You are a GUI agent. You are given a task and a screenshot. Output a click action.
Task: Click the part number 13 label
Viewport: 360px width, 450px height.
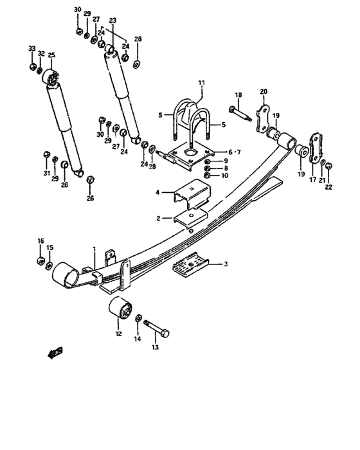tap(154, 348)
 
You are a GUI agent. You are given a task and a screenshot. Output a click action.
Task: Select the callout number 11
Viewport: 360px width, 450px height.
tap(201, 83)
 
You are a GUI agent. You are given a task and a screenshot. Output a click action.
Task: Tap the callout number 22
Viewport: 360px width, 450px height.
tap(328, 187)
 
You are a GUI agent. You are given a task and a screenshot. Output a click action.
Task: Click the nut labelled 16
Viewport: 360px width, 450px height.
tap(39, 261)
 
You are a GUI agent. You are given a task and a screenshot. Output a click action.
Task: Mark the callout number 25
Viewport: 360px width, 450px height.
tap(51, 55)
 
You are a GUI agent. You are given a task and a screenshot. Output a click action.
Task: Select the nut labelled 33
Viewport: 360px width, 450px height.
tap(32, 67)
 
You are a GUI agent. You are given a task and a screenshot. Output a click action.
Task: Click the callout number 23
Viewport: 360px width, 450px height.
tap(113, 21)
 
